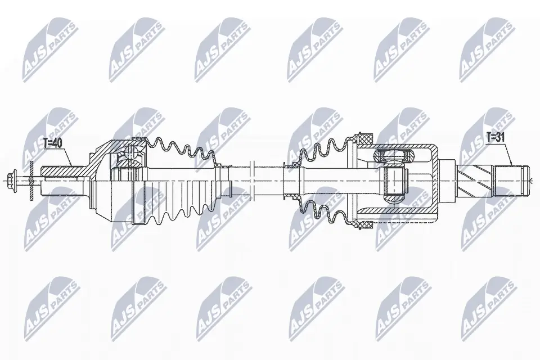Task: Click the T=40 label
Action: point(52,143)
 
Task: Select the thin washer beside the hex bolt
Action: point(32,180)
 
